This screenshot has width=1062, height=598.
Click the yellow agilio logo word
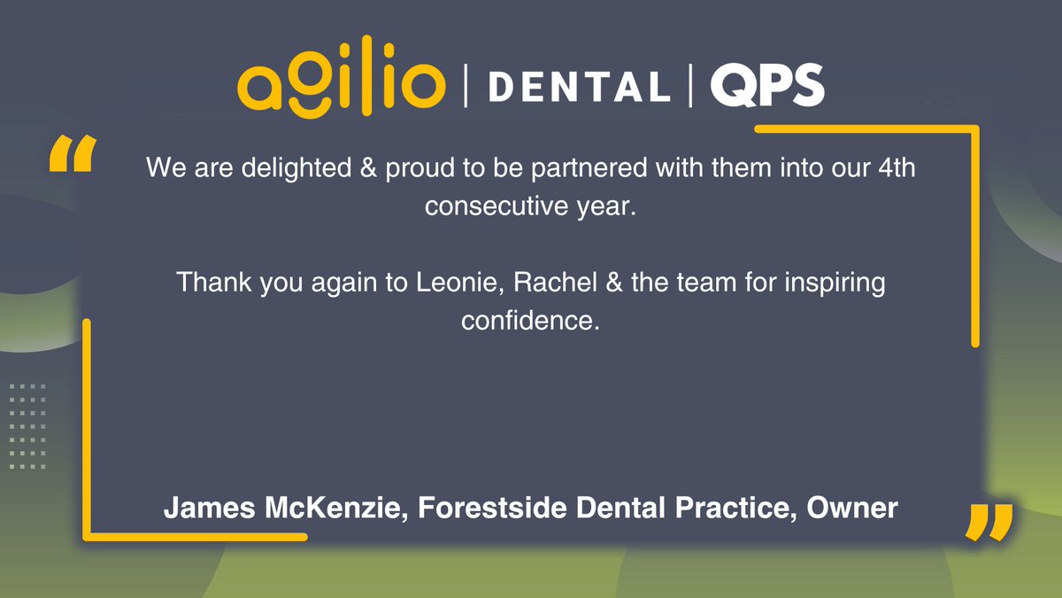pos(341,84)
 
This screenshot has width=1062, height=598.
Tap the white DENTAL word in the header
pos(579,87)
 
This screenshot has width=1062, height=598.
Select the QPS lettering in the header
pos(766,87)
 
